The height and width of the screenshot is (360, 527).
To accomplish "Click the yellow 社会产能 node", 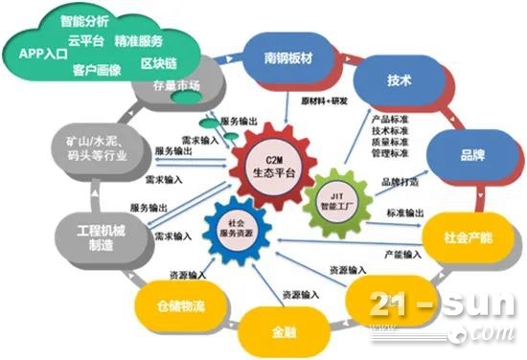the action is pyautogui.click(x=456, y=234).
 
